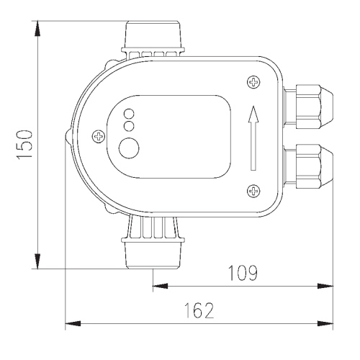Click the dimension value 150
point(24,144)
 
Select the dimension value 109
point(243,273)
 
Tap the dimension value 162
point(199,310)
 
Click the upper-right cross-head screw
point(253,82)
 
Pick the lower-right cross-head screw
point(253,191)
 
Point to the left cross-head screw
point(99,137)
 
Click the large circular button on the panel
point(129,148)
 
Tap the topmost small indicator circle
point(129,113)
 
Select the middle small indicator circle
point(129,126)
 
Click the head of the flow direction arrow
point(253,114)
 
